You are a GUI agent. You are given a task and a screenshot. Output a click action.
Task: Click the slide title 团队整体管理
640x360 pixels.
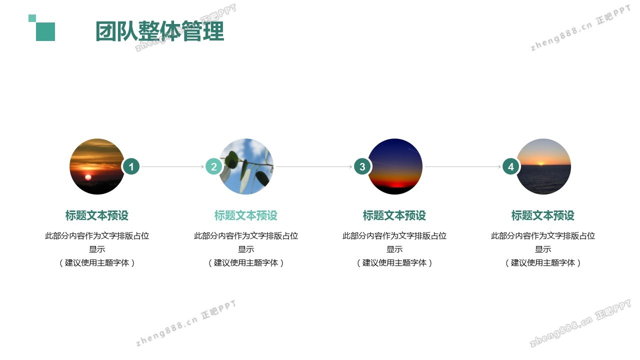click(x=159, y=31)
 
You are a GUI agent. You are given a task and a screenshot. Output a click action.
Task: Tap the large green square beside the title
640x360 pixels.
click(x=45, y=31)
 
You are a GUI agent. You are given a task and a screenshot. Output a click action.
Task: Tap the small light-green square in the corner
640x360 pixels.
click(x=32, y=18)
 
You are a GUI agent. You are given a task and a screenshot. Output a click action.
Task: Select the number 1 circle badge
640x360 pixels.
click(x=131, y=166)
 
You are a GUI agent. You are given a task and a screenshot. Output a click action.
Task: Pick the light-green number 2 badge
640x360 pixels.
click(x=213, y=166)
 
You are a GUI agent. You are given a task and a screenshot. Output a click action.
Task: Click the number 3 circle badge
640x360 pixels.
click(x=362, y=166)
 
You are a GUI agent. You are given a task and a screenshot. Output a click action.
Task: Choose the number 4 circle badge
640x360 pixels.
click(x=511, y=166)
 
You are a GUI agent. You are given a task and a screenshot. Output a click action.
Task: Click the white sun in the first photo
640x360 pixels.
click(x=88, y=177)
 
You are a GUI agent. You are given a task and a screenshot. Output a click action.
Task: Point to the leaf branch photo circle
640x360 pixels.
click(x=246, y=166)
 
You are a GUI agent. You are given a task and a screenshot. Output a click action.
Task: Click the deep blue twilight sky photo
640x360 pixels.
click(x=394, y=166)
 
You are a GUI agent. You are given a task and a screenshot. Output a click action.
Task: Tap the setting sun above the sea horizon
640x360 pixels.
click(x=540, y=163)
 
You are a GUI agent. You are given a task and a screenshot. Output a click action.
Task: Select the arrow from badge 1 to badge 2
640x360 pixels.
click(x=172, y=166)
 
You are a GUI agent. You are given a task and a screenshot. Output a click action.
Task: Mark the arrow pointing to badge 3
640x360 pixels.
click(x=314, y=166)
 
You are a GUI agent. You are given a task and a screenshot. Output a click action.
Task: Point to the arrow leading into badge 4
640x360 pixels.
click(x=463, y=166)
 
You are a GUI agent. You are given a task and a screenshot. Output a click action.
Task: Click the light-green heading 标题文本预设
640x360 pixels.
click(x=246, y=215)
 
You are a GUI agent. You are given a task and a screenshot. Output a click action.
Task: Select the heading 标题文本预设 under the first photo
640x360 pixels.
click(x=97, y=215)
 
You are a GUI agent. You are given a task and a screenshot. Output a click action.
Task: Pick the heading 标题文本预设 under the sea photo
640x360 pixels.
click(x=543, y=215)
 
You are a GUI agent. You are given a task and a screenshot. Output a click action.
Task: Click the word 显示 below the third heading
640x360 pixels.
click(x=394, y=249)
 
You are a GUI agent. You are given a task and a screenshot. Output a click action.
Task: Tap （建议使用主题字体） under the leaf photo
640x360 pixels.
click(x=246, y=262)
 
